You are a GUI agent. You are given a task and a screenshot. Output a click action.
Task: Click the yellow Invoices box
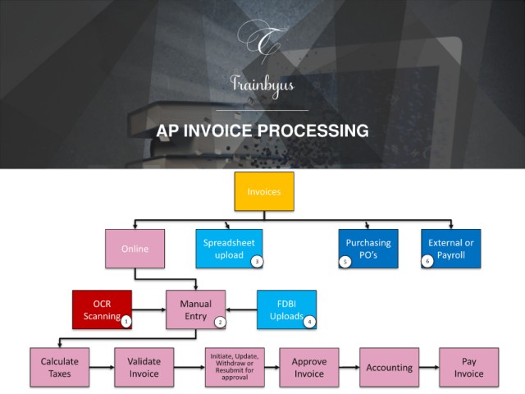(x=264, y=191)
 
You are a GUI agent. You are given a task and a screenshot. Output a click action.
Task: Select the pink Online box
(x=135, y=249)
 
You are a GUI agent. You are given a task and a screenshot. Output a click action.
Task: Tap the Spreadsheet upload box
(x=229, y=249)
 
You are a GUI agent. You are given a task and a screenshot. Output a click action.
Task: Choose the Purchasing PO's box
(x=368, y=249)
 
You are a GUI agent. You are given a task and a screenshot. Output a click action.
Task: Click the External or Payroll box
(x=451, y=249)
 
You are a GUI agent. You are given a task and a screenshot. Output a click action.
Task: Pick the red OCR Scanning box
(x=102, y=309)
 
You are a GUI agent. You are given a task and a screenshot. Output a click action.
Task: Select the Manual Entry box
(x=196, y=309)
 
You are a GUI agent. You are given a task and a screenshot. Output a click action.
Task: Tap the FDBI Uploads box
(x=286, y=309)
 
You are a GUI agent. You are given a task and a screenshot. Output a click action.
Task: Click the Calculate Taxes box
(x=60, y=367)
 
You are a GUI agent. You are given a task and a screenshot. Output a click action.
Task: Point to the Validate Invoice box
(x=144, y=367)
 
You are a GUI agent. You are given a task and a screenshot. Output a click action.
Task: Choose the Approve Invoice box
(x=309, y=367)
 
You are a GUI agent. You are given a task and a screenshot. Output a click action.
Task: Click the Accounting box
(x=389, y=367)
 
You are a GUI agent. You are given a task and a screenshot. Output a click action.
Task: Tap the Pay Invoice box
(x=468, y=367)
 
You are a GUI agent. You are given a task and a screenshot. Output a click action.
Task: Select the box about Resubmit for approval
(x=235, y=367)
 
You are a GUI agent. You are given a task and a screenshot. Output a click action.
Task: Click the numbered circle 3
(x=257, y=261)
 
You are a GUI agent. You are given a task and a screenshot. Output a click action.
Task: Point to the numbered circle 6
(x=427, y=261)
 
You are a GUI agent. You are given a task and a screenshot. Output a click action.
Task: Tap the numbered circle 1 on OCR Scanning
(x=126, y=322)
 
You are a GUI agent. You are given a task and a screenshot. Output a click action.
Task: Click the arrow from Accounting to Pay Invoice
(x=429, y=367)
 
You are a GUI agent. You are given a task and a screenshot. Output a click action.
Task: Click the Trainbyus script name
(x=262, y=85)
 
